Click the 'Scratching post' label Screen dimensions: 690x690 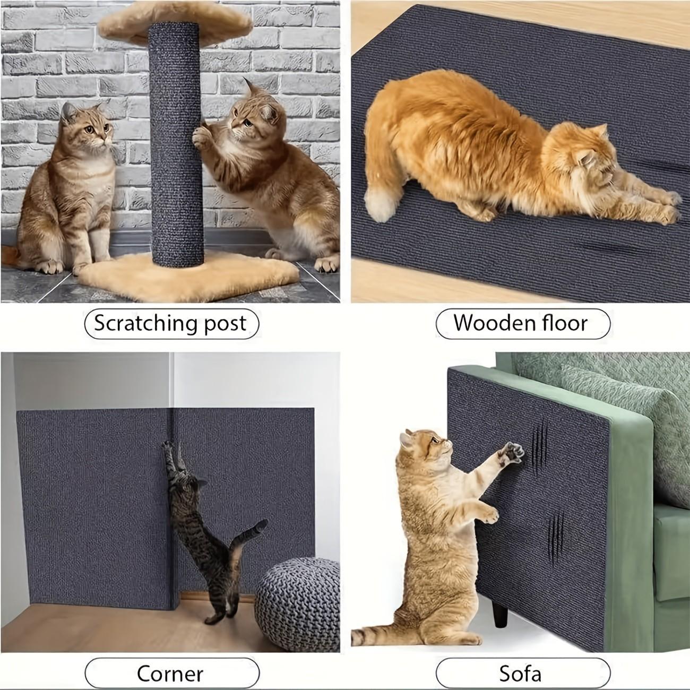click(171, 323)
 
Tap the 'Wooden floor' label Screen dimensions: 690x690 click(522, 323)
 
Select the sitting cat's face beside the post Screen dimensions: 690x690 click(88, 127)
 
